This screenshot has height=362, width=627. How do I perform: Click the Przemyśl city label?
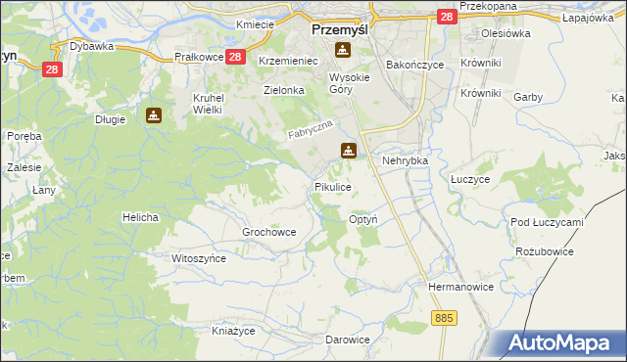[x=338, y=29]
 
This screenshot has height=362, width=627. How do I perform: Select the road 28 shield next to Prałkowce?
[x=235, y=58]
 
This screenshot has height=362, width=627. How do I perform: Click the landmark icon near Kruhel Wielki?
[x=154, y=115]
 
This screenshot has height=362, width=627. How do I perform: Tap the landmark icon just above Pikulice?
[x=348, y=151]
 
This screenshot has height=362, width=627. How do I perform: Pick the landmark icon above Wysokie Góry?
[x=342, y=51]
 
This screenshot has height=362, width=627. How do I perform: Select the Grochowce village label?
[x=269, y=232]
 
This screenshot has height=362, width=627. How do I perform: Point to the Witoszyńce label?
[x=199, y=258]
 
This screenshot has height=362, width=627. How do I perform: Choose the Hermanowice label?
[x=458, y=287]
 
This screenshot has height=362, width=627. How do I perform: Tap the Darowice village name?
[x=348, y=339]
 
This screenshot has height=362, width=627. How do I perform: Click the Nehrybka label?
[x=407, y=159]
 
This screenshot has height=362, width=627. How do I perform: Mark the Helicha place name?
[x=140, y=216]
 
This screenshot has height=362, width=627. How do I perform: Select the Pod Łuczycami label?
[x=547, y=222]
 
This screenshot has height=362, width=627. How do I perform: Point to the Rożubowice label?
[x=544, y=251]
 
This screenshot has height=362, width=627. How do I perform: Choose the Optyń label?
[x=363, y=220]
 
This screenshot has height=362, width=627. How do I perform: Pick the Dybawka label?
[x=93, y=46]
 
